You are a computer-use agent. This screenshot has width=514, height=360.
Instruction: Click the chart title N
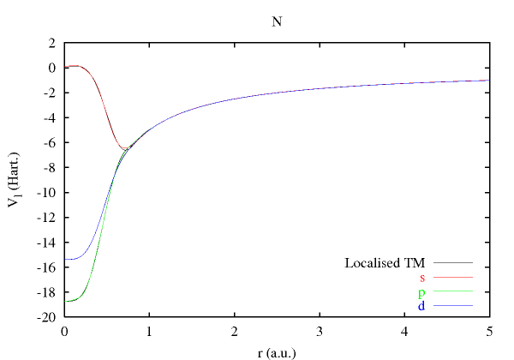pyautogui.click(x=276, y=22)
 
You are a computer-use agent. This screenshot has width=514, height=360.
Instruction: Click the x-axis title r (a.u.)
pyautogui.click(x=276, y=350)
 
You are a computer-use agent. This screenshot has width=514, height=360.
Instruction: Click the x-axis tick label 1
pyautogui.click(x=149, y=331)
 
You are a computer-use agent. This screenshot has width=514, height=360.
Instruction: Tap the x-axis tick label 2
pyautogui.click(x=234, y=331)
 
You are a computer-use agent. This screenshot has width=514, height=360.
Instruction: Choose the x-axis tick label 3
pyautogui.click(x=319, y=331)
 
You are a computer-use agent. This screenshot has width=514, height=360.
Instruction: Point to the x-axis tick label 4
pyautogui.click(x=403, y=331)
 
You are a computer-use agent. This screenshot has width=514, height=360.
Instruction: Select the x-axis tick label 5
pyautogui.click(x=488, y=331)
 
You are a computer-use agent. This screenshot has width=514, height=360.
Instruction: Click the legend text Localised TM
pyautogui.click(x=385, y=263)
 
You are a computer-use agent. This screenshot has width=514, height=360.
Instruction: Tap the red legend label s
pyautogui.click(x=422, y=278)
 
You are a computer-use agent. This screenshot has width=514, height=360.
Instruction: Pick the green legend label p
pyautogui.click(x=422, y=292)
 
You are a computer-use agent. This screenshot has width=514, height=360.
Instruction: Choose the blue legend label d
pyautogui.click(x=422, y=306)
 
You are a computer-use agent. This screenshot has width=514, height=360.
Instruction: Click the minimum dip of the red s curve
pyautogui.click(x=126, y=149)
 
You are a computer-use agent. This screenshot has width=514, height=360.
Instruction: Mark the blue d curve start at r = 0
pyautogui.click(x=65, y=259)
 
